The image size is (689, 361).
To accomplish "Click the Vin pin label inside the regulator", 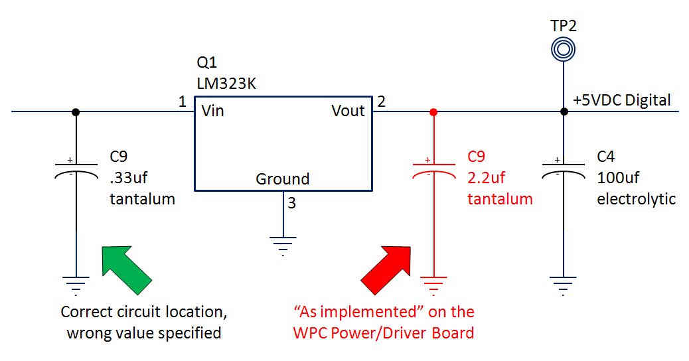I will click(212, 111).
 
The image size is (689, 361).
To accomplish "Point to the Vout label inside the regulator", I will click(348, 111).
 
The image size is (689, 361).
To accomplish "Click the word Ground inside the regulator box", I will click(283, 179).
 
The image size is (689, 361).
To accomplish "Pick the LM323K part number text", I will click(226, 84).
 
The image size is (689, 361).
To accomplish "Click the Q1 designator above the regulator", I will click(207, 64).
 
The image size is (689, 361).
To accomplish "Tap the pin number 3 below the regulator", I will click(292, 203).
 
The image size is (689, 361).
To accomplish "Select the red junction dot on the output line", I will click(433, 111).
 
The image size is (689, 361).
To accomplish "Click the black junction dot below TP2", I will click(564, 111).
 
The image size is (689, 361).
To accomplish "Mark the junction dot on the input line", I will click(76, 111).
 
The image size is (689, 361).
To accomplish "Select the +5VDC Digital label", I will click(622, 101).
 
